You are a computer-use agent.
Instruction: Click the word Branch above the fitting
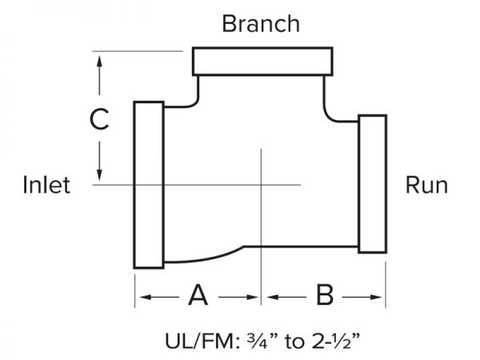pos(261,24)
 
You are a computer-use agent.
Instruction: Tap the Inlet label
pos(46,185)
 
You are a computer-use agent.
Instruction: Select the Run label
pos(426,185)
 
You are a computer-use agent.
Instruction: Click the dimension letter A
pos(198,295)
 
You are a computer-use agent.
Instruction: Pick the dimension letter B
pos(325,295)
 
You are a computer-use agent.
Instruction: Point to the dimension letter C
pos(99,118)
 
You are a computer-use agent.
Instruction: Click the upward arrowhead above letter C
pos(99,61)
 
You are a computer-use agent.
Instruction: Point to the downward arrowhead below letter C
pos(99,176)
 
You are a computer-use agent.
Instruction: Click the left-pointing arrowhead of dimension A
pos(145,297)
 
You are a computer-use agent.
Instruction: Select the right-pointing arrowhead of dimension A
pos(252,297)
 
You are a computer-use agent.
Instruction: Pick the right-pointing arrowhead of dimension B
pos(376,297)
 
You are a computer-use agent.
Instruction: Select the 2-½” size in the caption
pos(336,341)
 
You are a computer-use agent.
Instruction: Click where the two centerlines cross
pos(261,185)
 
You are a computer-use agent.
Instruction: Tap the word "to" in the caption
pos(294,342)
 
